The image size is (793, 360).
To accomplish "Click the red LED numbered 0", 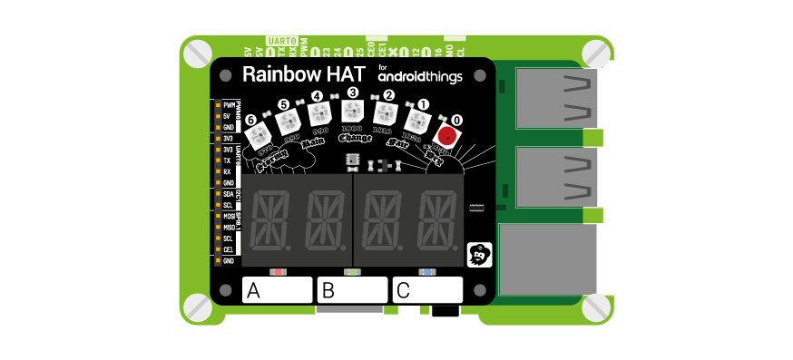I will click(446, 135).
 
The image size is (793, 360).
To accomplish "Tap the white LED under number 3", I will click(351, 112).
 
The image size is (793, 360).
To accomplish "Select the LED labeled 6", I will click(258, 136).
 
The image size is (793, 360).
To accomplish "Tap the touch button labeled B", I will click(352, 290).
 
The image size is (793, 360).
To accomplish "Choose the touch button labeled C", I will click(427, 290).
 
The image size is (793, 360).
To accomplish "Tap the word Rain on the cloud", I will click(313, 142).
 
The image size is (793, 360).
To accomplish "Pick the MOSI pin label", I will click(229, 217).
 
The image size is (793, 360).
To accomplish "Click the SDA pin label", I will click(228, 194).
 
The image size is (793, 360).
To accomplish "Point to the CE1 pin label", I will click(228, 248).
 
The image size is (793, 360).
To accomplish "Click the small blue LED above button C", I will click(426, 271).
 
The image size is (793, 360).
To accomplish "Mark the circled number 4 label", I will click(317, 96).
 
